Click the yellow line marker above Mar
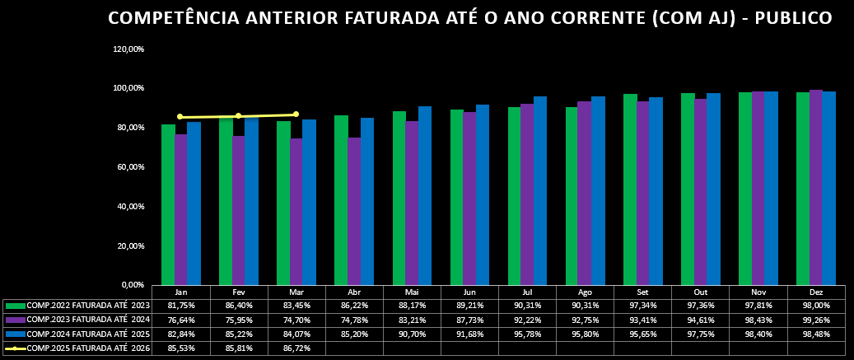click(296, 115)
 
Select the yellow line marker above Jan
click(180, 117)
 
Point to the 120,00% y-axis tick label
click(128, 49)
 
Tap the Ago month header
click(586, 292)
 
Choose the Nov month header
click(758, 292)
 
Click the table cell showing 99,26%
click(816, 320)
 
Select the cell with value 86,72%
click(296, 348)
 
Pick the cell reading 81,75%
click(181, 306)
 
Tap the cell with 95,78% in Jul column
click(528, 334)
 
